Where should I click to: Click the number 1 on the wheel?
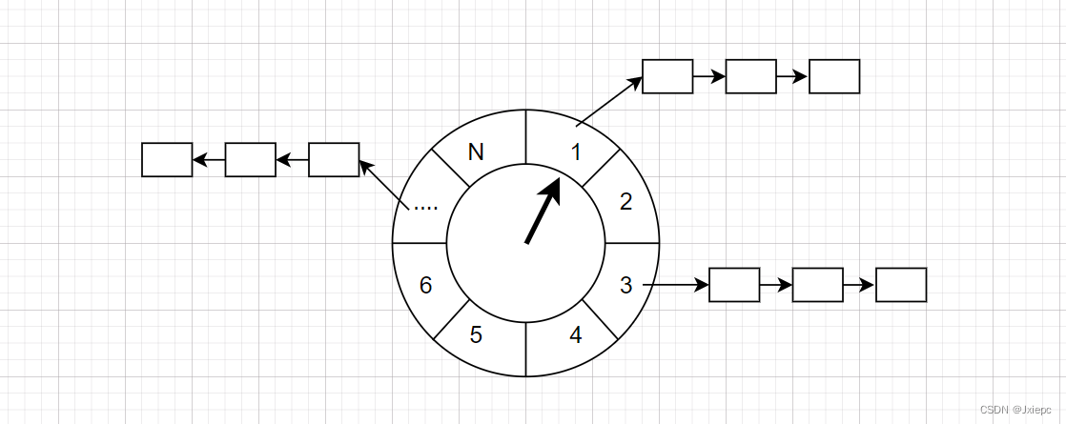tap(575, 151)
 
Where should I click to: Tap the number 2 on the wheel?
tap(625, 201)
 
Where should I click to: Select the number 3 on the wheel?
tap(625, 285)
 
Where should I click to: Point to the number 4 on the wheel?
tap(575, 335)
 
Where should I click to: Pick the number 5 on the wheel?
tap(476, 335)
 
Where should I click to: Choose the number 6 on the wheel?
tap(426, 285)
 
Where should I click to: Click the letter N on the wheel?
tap(477, 151)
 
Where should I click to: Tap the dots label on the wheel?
tap(425, 205)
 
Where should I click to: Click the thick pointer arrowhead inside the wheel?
tap(550, 188)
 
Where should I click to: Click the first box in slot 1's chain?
tap(667, 76)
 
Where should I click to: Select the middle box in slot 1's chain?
tap(750, 76)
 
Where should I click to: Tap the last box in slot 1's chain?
tap(834, 76)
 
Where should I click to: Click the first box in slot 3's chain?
tap(734, 285)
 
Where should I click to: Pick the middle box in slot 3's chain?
tap(817, 285)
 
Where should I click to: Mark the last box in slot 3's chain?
tap(901, 285)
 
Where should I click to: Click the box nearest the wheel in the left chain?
tap(334, 160)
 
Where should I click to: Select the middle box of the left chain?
tap(250, 160)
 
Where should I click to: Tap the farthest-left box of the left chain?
tap(167, 160)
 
